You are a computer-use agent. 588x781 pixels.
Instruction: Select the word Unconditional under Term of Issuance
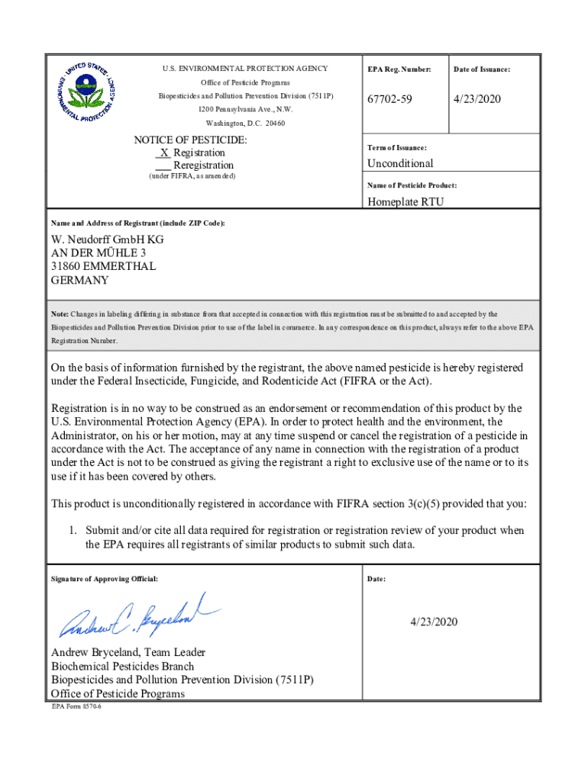[x=400, y=163]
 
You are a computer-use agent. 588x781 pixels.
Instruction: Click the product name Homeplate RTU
[x=405, y=202]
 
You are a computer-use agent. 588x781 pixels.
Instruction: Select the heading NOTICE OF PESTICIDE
[x=190, y=140]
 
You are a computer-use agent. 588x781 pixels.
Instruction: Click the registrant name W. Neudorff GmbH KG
[x=107, y=239]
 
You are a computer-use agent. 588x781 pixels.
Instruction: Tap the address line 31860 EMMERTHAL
[x=103, y=266]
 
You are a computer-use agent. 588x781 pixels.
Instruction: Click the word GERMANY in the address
[x=79, y=280]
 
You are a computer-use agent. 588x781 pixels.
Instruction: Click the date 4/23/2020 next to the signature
[x=432, y=622]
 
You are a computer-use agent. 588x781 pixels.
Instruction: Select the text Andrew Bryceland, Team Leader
[x=128, y=653]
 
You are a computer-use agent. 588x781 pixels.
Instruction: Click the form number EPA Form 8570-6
[x=76, y=707]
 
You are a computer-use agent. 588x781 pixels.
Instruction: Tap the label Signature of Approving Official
[x=105, y=579]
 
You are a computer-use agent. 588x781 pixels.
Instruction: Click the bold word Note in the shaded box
[x=60, y=314]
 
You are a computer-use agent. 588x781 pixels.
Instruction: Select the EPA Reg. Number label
[x=399, y=70]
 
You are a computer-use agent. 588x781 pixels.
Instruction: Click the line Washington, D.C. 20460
[x=244, y=124]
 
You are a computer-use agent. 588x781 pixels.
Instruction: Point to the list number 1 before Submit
[x=73, y=530]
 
